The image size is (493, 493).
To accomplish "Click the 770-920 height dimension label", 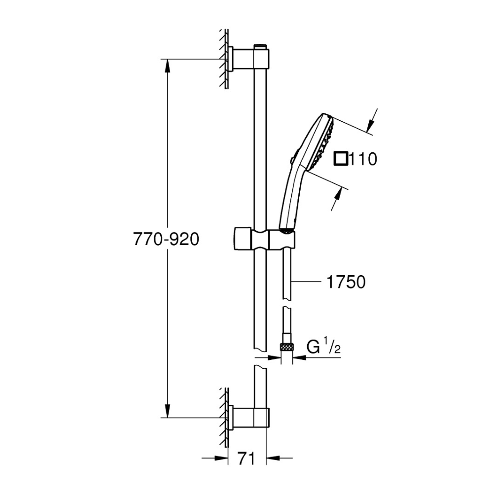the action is (166, 239).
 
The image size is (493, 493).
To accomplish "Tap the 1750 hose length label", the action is (346, 282).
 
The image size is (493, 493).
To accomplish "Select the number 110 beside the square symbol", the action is (363, 159).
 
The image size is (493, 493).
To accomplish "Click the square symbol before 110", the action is (341, 158).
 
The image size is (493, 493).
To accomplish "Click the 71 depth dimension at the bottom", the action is (246, 459).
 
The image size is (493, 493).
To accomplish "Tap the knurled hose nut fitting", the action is (286, 347).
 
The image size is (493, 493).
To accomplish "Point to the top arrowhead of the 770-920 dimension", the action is (168, 66).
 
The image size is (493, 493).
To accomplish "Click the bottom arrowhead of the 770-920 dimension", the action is (168, 410).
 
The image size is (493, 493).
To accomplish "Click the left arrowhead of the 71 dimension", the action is (221, 458).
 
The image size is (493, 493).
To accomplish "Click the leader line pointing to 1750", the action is (307, 282).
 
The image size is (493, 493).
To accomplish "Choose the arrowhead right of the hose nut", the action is (300, 357).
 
